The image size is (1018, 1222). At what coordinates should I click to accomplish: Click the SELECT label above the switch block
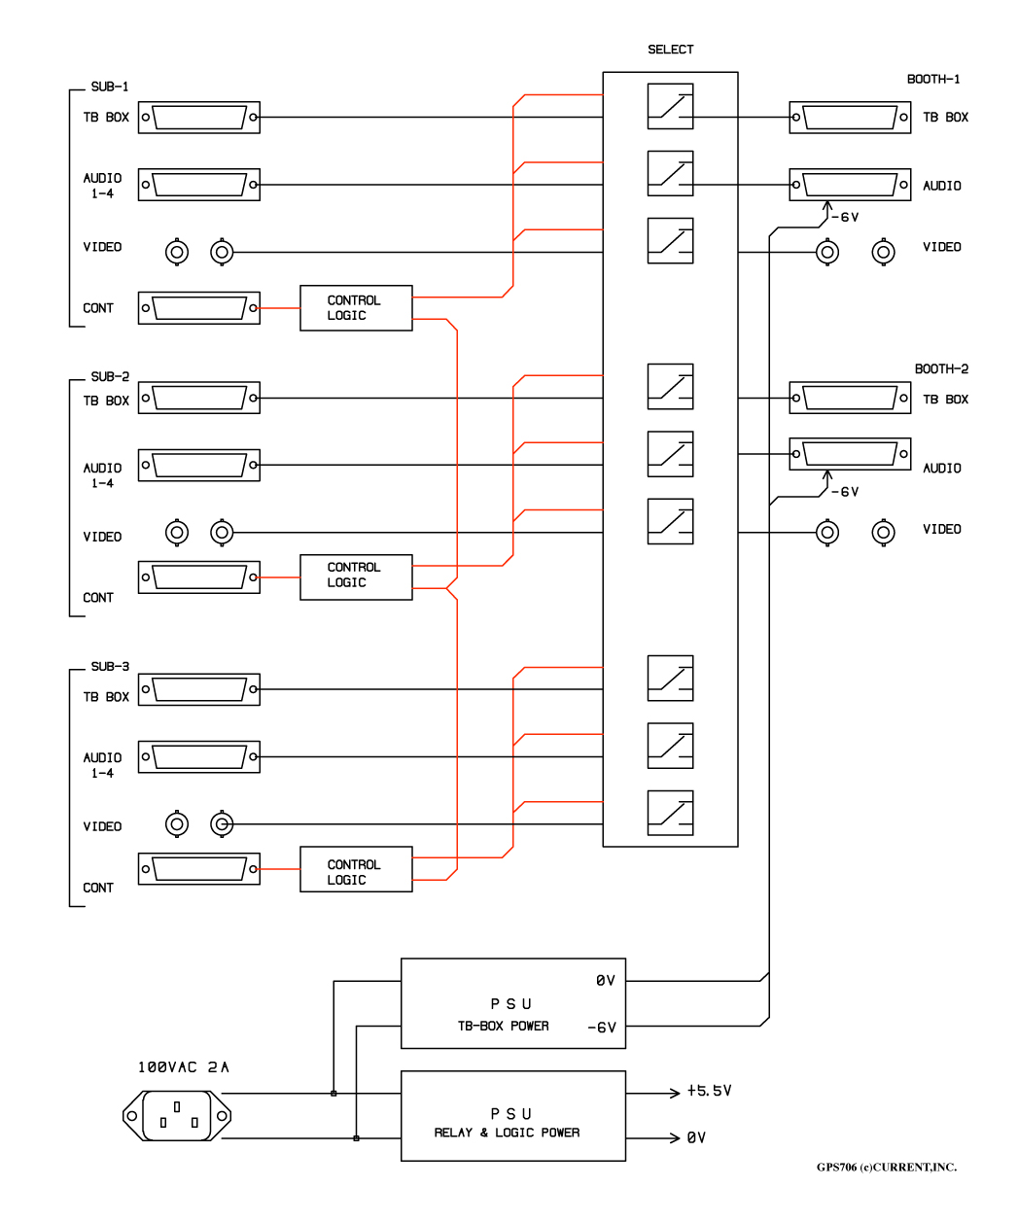tap(670, 50)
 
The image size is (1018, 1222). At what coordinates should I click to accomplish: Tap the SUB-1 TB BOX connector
tap(199, 117)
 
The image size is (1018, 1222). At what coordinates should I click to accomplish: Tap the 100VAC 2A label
tap(183, 1066)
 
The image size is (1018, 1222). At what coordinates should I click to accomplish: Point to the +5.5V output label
tap(709, 1091)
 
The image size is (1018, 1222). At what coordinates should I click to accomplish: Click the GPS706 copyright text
tap(887, 1167)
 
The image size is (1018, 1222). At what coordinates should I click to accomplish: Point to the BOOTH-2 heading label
tap(941, 368)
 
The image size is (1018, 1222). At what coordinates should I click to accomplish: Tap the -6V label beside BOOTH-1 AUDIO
tap(845, 217)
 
